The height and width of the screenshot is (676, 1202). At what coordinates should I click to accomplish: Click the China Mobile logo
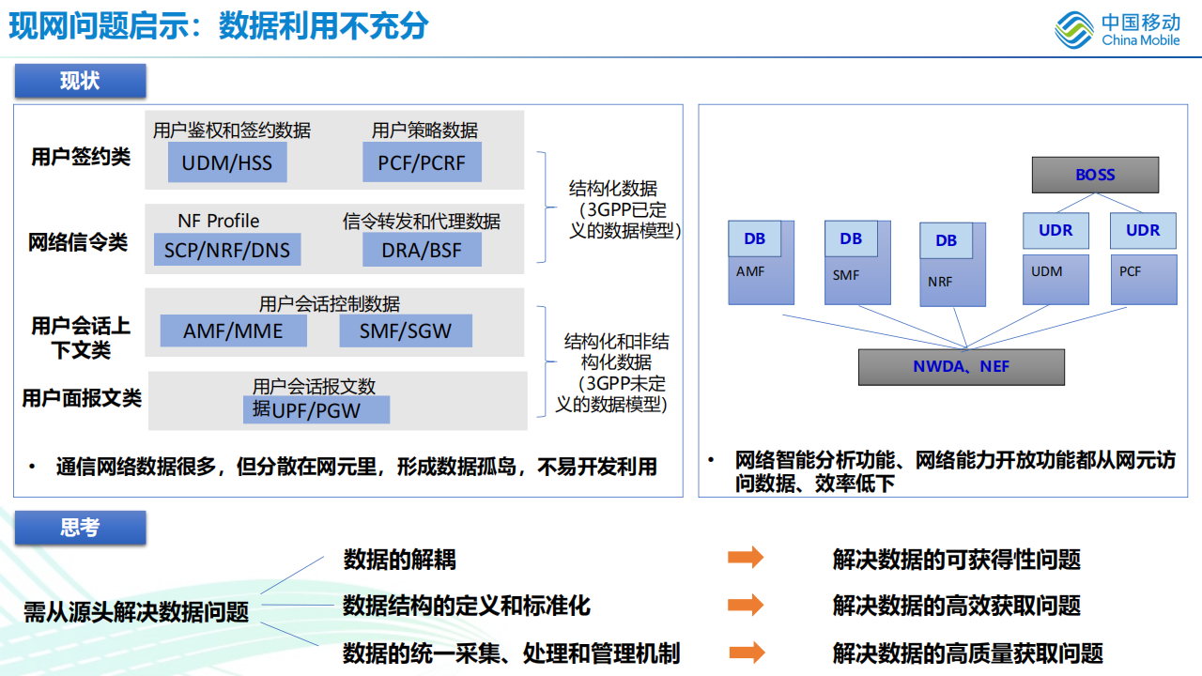click(x=1117, y=29)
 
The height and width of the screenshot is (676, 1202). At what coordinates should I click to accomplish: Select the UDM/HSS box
click(x=227, y=162)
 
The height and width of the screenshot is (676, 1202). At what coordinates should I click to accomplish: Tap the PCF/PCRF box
click(x=422, y=162)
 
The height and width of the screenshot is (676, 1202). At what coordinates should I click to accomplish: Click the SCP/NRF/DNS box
click(x=227, y=250)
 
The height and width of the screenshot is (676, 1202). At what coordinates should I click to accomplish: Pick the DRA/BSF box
click(x=422, y=250)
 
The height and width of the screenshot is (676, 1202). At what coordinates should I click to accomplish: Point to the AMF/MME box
click(x=233, y=330)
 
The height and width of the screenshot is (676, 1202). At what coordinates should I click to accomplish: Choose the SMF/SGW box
click(x=406, y=330)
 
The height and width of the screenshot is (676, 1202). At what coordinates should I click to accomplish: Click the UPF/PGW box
click(x=316, y=409)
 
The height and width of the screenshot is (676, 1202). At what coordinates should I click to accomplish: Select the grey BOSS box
click(x=1095, y=175)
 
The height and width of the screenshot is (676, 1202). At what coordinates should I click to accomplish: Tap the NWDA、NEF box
click(x=962, y=366)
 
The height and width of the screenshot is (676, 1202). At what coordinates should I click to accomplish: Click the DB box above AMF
click(x=754, y=238)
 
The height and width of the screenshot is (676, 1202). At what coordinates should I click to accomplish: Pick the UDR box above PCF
click(x=1143, y=231)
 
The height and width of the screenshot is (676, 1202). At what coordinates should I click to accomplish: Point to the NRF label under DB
click(x=940, y=281)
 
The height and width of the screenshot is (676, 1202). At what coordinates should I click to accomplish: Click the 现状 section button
click(x=80, y=81)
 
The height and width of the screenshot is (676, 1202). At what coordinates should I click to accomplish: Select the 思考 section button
click(x=80, y=528)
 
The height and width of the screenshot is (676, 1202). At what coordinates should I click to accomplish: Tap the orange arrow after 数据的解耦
click(x=746, y=558)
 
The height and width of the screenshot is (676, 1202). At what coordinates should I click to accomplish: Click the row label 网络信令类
click(x=78, y=243)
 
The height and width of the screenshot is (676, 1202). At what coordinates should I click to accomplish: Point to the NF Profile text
click(x=219, y=221)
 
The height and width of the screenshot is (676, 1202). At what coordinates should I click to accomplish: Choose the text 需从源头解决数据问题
click(x=136, y=613)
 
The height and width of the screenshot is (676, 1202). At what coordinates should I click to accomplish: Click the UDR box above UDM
click(x=1056, y=231)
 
